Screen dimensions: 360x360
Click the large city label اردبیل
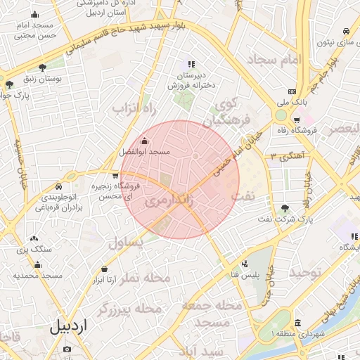click(x=70, y=327)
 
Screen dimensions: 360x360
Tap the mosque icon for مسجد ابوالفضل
click(x=145, y=141)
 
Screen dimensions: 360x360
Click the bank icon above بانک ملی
click(x=292, y=91)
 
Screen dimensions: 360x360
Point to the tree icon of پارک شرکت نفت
click(x=285, y=208)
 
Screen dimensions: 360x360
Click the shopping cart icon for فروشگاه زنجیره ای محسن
click(x=115, y=175)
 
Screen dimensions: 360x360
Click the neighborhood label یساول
click(x=127, y=243)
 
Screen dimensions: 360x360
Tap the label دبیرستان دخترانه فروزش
click(x=190, y=81)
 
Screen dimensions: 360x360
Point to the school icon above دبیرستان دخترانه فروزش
click(x=191, y=65)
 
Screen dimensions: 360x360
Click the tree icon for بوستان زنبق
click(x=43, y=68)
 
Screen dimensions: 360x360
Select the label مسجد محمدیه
click(x=38, y=275)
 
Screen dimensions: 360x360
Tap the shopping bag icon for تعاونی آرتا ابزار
click(x=105, y=269)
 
